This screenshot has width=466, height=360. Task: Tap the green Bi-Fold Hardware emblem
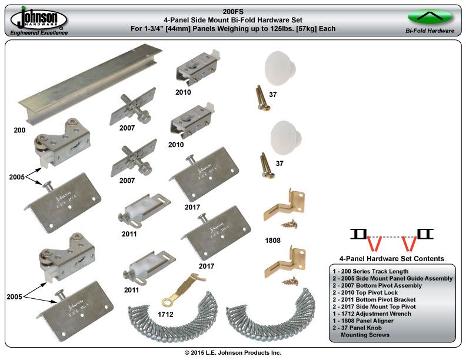(430, 16)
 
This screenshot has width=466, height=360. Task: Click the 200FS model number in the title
(233, 11)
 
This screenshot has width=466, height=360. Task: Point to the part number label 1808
(273, 240)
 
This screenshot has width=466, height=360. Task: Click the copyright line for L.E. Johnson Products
(233, 352)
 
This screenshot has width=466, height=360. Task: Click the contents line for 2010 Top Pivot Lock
(374, 292)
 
